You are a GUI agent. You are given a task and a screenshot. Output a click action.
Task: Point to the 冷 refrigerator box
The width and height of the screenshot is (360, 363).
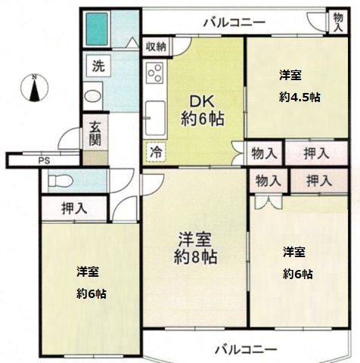pos(155,152)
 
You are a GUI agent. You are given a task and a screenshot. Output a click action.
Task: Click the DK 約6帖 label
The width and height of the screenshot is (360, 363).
pos(202,110)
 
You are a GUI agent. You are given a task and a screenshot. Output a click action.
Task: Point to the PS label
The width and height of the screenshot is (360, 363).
pos(44,160)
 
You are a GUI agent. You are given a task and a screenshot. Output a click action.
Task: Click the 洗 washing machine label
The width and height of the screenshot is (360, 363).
pos(98,65)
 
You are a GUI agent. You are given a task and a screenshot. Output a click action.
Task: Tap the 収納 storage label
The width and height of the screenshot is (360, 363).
pos(156,46)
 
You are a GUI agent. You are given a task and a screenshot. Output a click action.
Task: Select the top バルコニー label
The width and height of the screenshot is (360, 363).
pos(234,22)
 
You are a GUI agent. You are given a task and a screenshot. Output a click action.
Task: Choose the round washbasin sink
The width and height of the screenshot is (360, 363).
pos(92,97)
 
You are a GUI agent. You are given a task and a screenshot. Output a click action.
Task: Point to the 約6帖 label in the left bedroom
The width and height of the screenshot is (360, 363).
pos(91,293)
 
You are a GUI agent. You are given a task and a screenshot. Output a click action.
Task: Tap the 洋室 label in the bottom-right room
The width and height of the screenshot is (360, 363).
pos(295,251)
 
